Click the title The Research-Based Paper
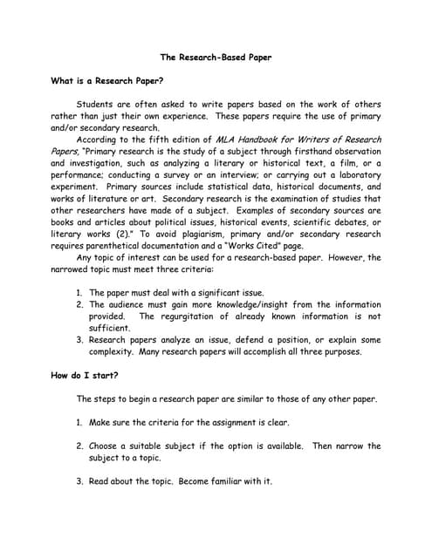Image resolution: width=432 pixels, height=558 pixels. point(216,58)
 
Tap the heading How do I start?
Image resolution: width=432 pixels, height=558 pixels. point(85,375)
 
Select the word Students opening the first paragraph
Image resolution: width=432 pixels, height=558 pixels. point(97,104)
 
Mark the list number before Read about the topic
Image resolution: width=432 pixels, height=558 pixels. point(79,481)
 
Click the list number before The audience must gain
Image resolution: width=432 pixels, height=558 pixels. point(79,305)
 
